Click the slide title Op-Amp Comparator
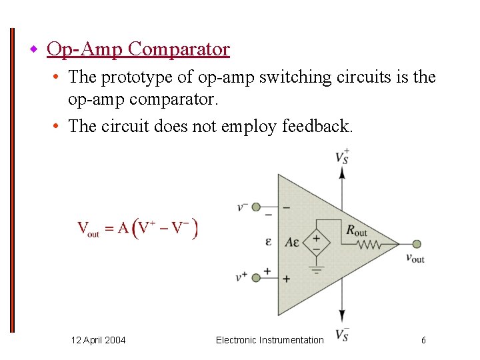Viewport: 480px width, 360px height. [139, 49]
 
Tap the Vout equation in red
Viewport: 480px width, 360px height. [137, 229]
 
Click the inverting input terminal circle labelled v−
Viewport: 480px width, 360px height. [256, 207]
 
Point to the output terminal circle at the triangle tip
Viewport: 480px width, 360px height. [417, 245]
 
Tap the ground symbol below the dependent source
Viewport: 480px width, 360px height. [317, 270]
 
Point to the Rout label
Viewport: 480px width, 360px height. [357, 231]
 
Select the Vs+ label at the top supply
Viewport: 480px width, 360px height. [342, 157]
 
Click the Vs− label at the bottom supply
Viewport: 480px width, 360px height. [342, 334]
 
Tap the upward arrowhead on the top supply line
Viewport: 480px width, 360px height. [343, 172]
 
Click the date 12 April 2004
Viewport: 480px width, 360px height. [98, 340]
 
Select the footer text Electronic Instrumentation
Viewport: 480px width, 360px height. [269, 340]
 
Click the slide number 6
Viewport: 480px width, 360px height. [423, 340]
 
